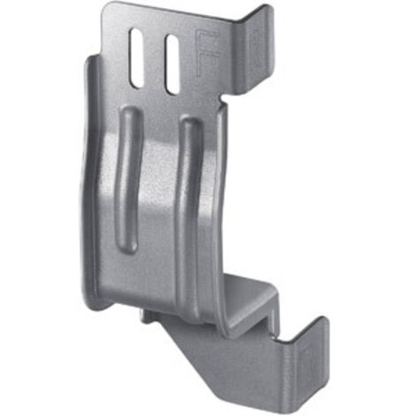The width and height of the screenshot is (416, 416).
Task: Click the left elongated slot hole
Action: click(136, 58)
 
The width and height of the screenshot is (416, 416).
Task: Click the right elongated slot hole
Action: click(173, 65)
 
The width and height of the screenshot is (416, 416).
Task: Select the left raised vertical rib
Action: click(129, 180)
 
